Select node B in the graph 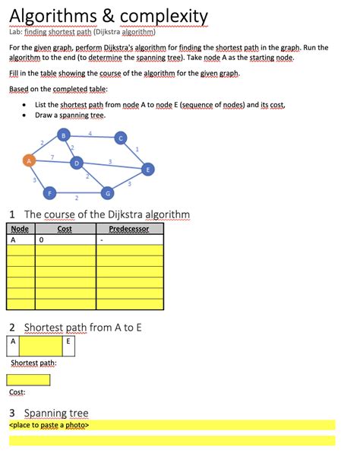click(x=64, y=135)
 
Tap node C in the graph click(x=120, y=138)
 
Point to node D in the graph click(x=76, y=163)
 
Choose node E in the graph click(x=148, y=169)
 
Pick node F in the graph click(x=50, y=193)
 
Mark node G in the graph click(x=108, y=193)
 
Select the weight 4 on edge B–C click(x=90, y=134)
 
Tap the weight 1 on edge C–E click(x=137, y=150)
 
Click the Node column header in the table click(x=21, y=229)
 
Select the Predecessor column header click(x=129, y=229)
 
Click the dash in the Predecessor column click(x=100, y=239)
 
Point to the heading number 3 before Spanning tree click(x=12, y=414)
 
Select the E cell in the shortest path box click(x=68, y=342)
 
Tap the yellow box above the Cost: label click(x=28, y=380)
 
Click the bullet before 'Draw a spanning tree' click(x=27, y=116)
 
